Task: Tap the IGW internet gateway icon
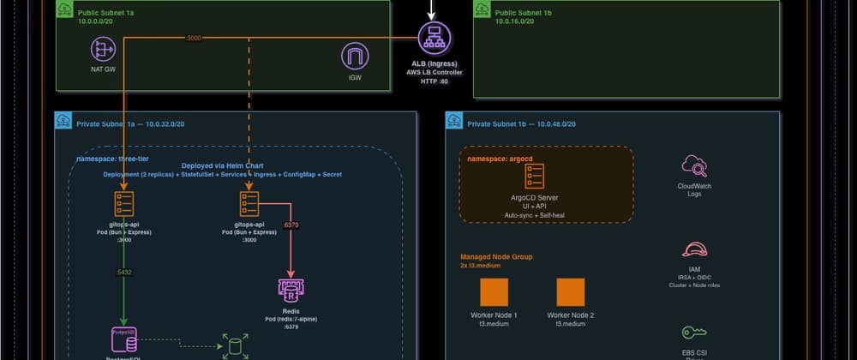point(355,57)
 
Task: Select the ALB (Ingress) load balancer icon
point(434,39)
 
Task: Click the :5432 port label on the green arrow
point(124,273)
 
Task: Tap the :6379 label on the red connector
point(291,226)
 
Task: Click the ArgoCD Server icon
point(535,177)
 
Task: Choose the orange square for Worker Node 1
point(494,291)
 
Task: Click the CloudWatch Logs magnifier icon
point(693,165)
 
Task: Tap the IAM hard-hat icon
point(693,249)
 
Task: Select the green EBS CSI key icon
point(693,333)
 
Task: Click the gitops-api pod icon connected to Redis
point(249,203)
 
